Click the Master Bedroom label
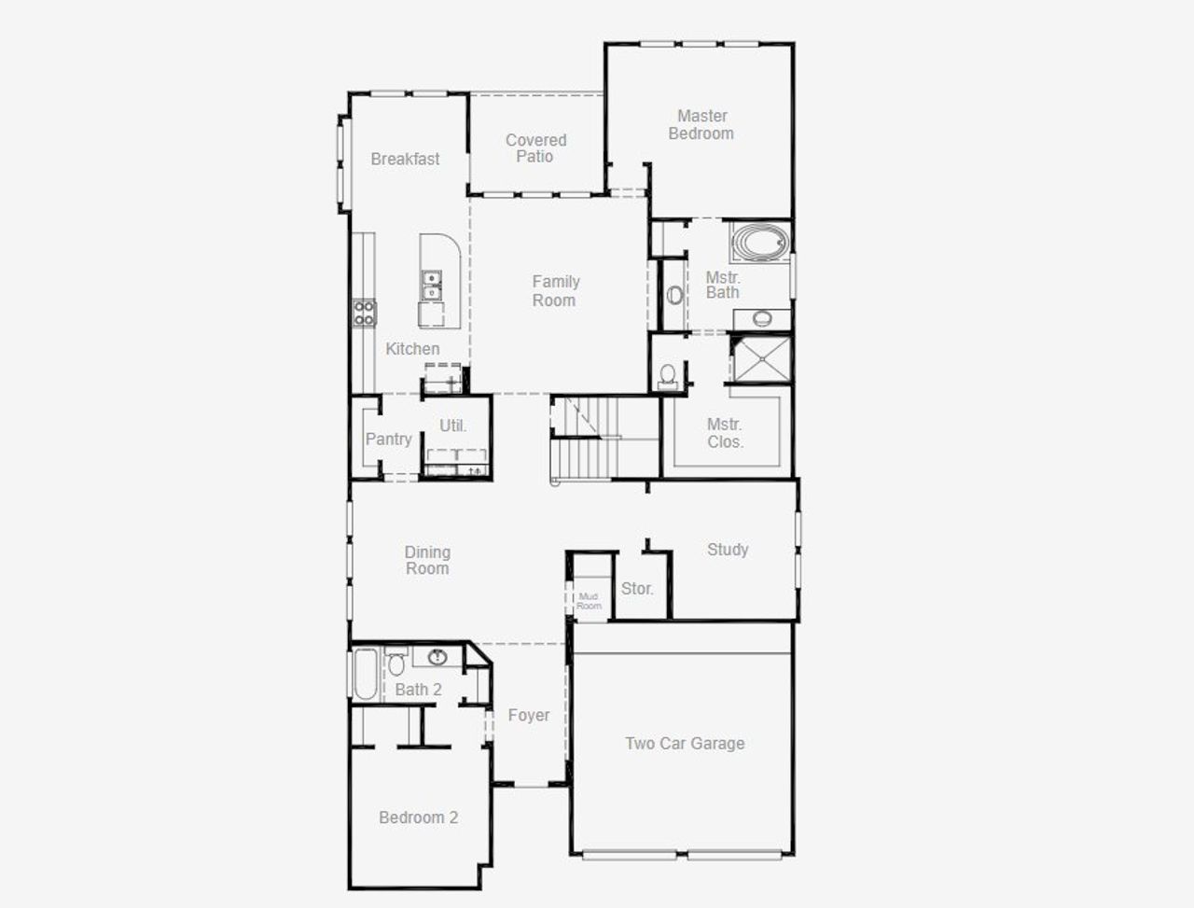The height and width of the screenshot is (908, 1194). pos(701,125)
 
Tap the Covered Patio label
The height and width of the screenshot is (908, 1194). pos(535,148)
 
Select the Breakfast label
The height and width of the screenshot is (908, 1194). pos(405,160)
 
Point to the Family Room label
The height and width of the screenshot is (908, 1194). pos(555,291)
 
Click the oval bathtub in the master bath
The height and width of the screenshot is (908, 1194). pos(758,244)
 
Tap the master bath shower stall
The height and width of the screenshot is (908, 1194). pos(760,360)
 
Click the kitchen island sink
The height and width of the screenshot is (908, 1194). pos(431,286)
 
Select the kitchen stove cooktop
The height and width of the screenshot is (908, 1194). pos(364,313)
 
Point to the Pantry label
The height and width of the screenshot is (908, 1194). pos(388,440)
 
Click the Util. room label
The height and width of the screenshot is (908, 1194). pos(453,426)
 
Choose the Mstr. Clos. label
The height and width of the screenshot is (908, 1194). pos(725,434)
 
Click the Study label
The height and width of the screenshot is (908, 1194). pos(728,550)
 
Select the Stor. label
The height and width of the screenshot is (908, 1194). pos(637,589)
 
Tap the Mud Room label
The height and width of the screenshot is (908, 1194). pos(589,601)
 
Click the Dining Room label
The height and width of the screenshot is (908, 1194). pos(427,561)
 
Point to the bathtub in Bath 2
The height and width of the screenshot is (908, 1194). pos(365,674)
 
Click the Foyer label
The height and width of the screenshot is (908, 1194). pos(528,716)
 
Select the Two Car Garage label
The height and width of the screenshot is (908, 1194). pos(685,744)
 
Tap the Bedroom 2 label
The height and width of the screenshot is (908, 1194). pos(418,818)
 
